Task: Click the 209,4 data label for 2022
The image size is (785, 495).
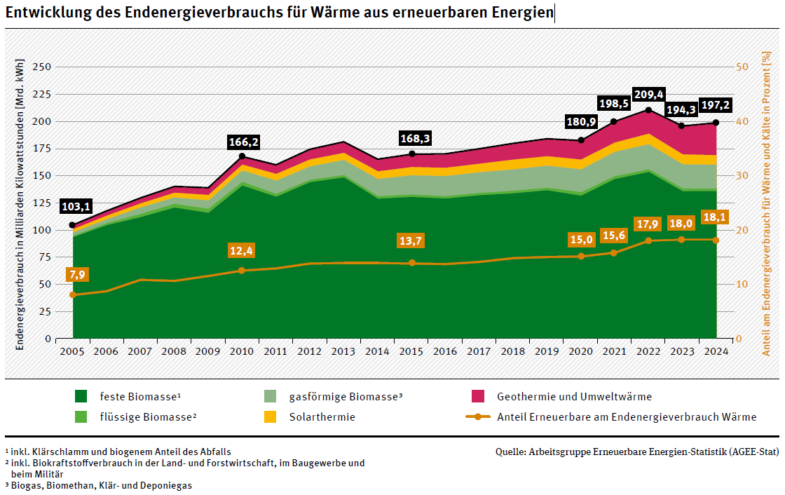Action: (x=648, y=95)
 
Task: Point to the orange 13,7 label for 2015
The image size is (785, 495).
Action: (x=412, y=241)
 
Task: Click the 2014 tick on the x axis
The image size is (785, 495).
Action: (x=378, y=351)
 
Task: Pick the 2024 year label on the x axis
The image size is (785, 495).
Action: (x=716, y=351)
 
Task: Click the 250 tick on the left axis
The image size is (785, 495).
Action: (x=42, y=67)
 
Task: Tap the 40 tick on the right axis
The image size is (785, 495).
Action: (x=741, y=121)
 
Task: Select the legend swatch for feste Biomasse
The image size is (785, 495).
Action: (x=81, y=397)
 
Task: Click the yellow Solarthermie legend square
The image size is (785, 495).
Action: (x=270, y=417)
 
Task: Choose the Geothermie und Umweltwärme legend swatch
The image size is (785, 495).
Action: (x=478, y=397)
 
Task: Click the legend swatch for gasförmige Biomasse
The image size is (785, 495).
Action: (x=270, y=397)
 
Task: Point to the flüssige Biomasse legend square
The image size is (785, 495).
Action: (x=81, y=417)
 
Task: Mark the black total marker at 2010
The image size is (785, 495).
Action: (x=243, y=156)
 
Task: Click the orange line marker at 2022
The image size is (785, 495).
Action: (x=648, y=240)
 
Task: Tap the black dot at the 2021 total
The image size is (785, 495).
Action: (x=614, y=121)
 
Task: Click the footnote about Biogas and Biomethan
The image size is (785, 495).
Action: (x=98, y=485)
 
